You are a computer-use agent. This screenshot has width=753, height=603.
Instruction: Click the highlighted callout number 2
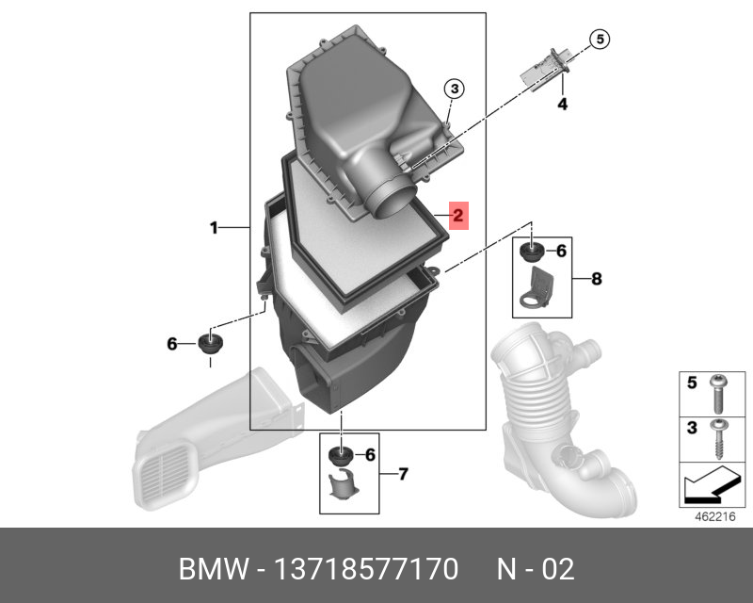coord(458,217)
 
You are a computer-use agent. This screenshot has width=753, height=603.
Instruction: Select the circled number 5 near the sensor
coord(600,39)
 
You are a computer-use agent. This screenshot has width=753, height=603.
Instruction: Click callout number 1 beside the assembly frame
coord(214,227)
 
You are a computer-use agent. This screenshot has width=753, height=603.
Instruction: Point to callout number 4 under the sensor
coord(563,104)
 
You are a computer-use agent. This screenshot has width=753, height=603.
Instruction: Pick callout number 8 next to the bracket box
coord(596,279)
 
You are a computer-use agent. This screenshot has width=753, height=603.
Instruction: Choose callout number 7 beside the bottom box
coord(403,473)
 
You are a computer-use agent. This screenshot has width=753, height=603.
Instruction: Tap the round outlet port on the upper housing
coord(388,199)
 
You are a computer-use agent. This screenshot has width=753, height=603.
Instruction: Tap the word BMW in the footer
coord(208,569)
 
